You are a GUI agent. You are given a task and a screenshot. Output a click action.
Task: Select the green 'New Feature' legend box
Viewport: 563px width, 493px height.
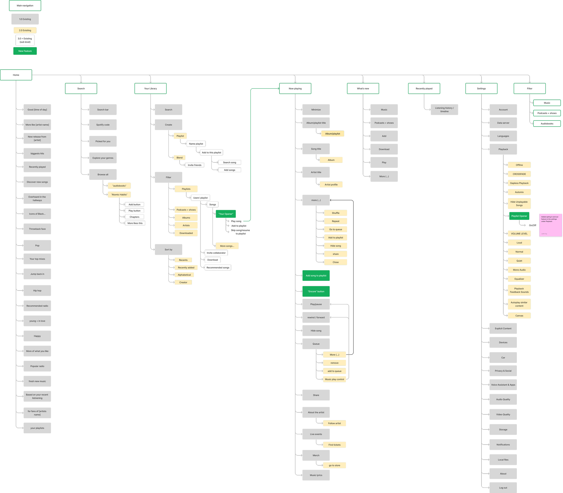coord(25,51)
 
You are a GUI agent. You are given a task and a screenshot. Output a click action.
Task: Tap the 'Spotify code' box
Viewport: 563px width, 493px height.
coord(103,125)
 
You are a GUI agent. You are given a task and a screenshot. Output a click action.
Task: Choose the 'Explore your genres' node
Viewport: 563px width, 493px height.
coord(103,158)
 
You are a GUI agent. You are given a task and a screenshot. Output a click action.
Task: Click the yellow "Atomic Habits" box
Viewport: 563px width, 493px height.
coord(119,195)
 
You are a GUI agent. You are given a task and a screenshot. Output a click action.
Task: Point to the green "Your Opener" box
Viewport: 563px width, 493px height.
coord(226,214)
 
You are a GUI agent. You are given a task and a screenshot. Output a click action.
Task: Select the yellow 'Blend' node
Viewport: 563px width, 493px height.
coord(180,158)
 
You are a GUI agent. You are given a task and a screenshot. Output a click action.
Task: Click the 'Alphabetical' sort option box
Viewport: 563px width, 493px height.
coord(184,275)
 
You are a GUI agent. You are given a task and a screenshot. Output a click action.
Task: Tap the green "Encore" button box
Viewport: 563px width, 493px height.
coord(316,291)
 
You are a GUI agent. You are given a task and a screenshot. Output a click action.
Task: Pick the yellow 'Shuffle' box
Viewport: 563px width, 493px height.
coord(336,213)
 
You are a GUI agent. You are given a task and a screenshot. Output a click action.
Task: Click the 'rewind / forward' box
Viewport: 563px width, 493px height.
coord(316,318)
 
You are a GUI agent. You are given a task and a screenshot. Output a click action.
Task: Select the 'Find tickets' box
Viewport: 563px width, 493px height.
coord(334,445)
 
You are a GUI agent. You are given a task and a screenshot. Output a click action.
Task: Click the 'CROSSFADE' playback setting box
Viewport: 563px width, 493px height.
coord(519,174)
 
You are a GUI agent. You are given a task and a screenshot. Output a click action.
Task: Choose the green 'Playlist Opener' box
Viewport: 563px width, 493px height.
coord(519,216)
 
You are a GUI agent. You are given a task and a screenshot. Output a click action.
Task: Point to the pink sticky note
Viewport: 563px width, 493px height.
coord(550,225)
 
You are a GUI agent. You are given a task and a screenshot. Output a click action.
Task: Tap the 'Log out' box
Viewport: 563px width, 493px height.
coord(503,488)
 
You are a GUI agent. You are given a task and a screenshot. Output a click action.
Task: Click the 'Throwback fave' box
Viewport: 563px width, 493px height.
coord(37,229)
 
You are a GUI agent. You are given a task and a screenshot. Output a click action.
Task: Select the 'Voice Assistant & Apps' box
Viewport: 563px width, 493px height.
coord(503,385)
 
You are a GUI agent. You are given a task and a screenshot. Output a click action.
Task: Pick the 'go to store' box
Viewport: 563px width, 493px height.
coord(334,466)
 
